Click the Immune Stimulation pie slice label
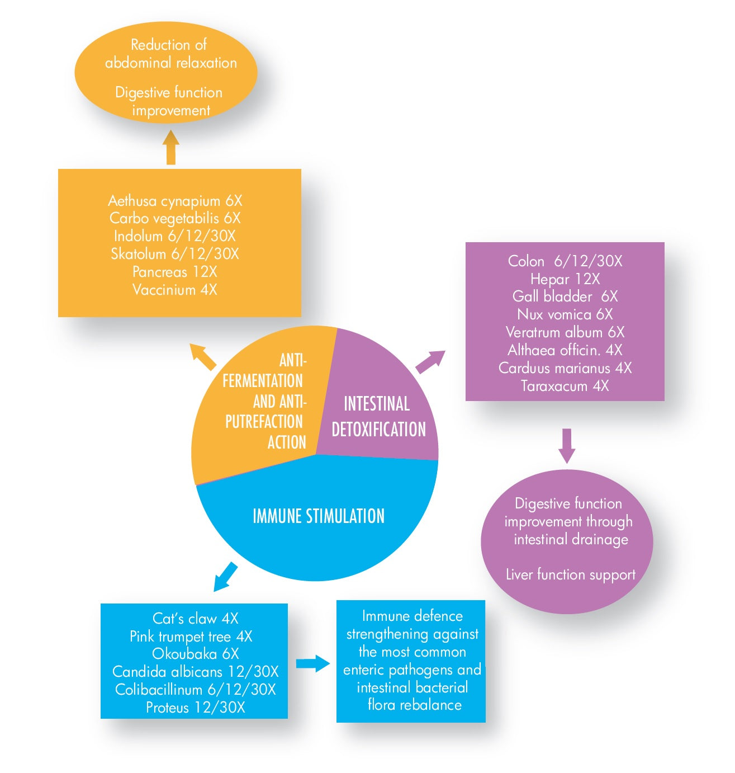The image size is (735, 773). click(x=319, y=516)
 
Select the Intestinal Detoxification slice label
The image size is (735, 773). click(x=378, y=417)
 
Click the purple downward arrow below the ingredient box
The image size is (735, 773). click(x=566, y=445)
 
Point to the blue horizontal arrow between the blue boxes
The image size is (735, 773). click(x=312, y=663)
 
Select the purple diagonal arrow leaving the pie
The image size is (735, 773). click(x=430, y=361)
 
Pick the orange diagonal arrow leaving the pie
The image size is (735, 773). click(x=202, y=357)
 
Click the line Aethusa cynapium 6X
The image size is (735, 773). click(x=175, y=201)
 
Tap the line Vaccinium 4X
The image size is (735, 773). click(x=175, y=290)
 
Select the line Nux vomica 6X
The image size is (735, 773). click(x=565, y=314)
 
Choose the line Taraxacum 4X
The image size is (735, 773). click(x=565, y=386)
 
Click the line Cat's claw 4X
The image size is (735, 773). click(x=195, y=619)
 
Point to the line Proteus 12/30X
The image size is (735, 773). click(x=195, y=708)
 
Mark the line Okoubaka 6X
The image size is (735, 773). click(x=195, y=654)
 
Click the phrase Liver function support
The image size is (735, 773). click(x=570, y=575)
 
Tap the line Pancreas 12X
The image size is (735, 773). click(x=175, y=272)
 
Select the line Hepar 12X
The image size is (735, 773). click(x=565, y=279)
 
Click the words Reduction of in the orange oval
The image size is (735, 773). click(x=168, y=45)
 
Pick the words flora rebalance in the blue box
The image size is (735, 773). click(x=414, y=705)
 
